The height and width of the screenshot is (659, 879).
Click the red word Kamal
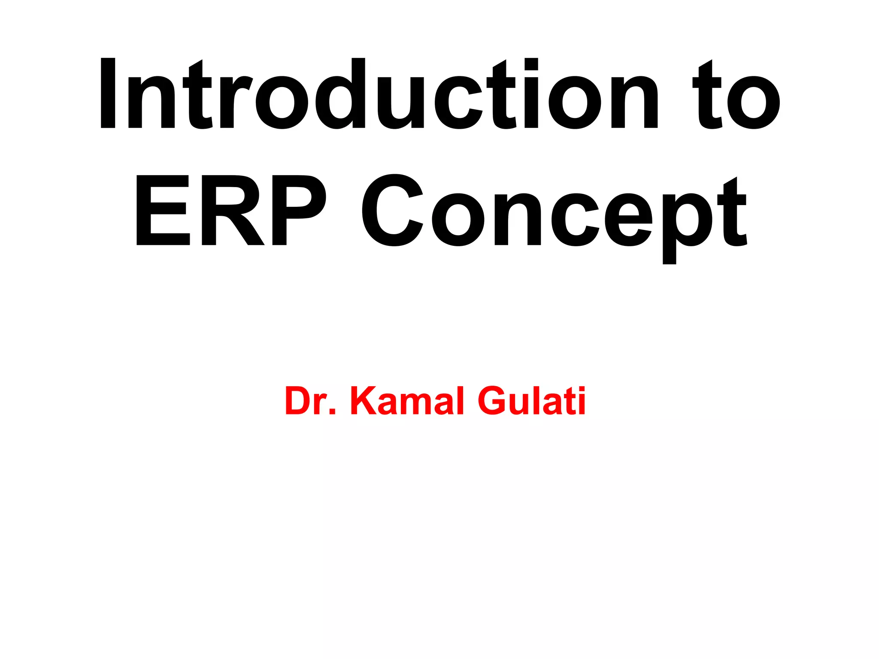(407, 401)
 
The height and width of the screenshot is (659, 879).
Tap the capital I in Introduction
(108, 93)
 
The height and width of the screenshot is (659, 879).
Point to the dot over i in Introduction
(531, 64)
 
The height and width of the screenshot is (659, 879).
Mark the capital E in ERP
(163, 210)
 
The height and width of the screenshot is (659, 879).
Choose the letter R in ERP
(232, 210)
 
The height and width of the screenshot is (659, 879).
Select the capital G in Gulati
(494, 401)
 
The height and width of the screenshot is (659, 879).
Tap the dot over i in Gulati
(582, 390)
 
